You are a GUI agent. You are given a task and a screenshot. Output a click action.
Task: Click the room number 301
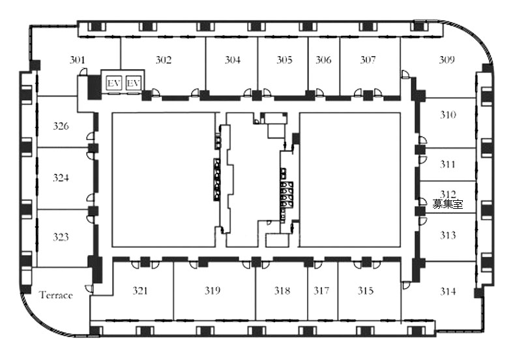click(x=77, y=60)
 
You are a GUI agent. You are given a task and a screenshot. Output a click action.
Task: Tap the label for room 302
click(x=163, y=60)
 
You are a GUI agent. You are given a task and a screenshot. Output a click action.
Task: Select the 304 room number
click(x=232, y=60)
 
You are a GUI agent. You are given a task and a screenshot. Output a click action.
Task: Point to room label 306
click(x=323, y=60)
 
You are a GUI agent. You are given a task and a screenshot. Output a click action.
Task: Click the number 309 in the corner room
click(x=447, y=60)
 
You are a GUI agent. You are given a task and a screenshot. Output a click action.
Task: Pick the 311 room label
click(x=447, y=164)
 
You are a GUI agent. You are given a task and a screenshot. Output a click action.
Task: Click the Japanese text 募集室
click(x=448, y=204)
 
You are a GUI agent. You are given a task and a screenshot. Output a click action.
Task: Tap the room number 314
click(x=448, y=291)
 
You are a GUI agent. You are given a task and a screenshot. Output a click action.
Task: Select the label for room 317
click(x=321, y=290)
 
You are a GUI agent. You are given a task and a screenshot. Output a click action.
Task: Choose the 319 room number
click(x=213, y=290)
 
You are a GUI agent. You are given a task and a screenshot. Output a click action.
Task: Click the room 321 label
click(x=140, y=290)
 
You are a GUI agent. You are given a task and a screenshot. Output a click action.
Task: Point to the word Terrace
click(x=56, y=295)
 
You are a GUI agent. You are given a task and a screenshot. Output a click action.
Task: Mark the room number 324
click(x=61, y=177)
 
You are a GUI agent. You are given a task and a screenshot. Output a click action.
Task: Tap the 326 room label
click(x=61, y=126)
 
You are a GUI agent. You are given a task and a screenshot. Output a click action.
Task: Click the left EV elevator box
click(x=114, y=83)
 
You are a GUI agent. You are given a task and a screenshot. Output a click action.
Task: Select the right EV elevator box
click(x=133, y=83)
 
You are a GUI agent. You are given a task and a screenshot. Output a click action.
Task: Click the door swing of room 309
click(x=405, y=74)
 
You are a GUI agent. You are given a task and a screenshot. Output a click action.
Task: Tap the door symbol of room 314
click(x=405, y=285)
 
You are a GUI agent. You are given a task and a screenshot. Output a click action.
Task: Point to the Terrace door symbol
click(x=89, y=289)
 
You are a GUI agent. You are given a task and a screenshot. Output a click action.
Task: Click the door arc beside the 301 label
click(x=83, y=72)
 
